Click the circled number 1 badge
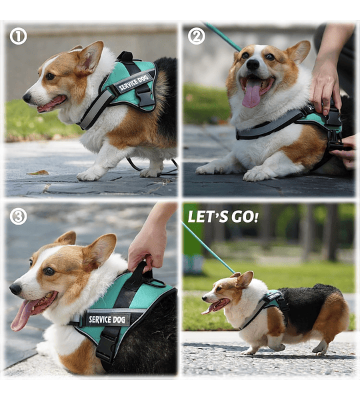coord(18,36)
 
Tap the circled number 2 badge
coord(197,36)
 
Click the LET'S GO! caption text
coord(223,217)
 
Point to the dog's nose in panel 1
coord(27,97)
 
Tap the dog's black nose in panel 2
coord(253,64)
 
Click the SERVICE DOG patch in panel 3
coord(107,319)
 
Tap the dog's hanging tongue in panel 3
coord(24,314)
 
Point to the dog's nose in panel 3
coord(15,289)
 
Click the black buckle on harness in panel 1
coord(145,95)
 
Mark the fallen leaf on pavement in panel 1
coord(38,173)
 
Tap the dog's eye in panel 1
coord(50,76)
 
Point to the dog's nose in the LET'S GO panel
coord(205,298)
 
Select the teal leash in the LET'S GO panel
coord(208,247)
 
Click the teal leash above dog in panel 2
coord(222,36)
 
